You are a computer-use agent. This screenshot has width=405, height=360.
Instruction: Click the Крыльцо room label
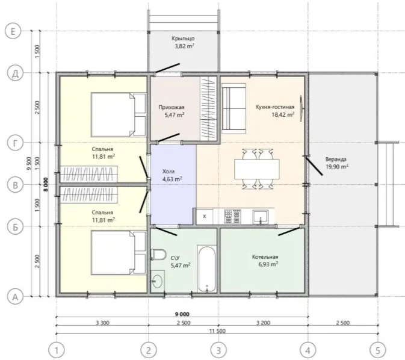click(183, 39)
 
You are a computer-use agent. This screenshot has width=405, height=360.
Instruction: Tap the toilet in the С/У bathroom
click(158, 254)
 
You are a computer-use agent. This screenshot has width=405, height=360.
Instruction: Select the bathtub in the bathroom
click(206, 268)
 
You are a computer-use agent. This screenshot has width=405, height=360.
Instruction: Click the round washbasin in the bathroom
click(157, 280)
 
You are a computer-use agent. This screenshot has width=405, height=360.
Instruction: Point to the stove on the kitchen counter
click(232, 216)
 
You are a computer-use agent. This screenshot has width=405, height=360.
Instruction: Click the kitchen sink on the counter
click(261, 217)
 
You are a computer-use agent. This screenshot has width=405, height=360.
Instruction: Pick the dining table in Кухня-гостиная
click(257, 169)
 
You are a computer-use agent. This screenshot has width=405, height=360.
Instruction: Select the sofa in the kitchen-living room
click(233, 108)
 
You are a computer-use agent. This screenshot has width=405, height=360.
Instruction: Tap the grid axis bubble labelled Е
click(13, 31)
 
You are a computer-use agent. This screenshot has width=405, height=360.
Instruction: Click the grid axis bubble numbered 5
click(378, 350)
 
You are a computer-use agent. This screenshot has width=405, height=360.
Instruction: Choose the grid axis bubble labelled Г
click(15, 143)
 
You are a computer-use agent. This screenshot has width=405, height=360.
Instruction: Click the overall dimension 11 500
click(217, 331)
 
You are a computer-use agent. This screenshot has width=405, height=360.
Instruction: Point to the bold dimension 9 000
click(182, 314)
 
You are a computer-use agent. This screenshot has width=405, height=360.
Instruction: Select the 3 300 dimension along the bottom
click(102, 323)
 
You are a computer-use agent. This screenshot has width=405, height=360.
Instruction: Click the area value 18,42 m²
click(283, 114)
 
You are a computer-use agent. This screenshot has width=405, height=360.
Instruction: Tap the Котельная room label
click(265, 257)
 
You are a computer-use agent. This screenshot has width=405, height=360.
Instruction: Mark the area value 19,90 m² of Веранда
click(337, 167)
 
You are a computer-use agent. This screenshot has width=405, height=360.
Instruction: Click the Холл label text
click(168, 172)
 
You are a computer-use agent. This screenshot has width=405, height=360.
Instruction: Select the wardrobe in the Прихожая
click(208, 109)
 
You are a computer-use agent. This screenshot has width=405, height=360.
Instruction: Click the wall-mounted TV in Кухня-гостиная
click(301, 108)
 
